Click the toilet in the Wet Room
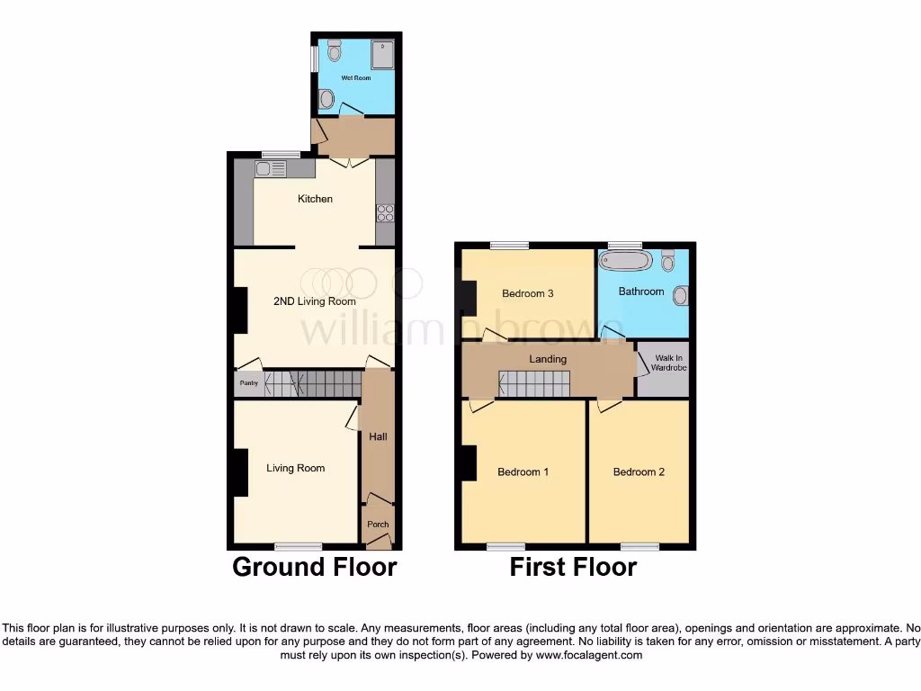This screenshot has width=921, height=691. click(335, 50)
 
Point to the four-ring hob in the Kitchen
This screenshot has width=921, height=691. click(385, 213)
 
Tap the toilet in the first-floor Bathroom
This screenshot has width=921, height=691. click(668, 260)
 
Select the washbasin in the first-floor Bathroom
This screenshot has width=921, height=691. click(681, 294)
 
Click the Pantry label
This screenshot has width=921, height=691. click(249, 384)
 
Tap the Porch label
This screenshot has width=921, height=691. click(378, 525)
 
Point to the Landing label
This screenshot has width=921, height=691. click(548, 359)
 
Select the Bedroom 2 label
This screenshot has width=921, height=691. click(639, 471)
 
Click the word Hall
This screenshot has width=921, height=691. click(378, 437)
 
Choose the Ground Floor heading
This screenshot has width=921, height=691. click(314, 567)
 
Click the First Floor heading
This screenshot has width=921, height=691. click(573, 567)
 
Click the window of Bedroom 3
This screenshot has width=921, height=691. click(509, 245)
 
